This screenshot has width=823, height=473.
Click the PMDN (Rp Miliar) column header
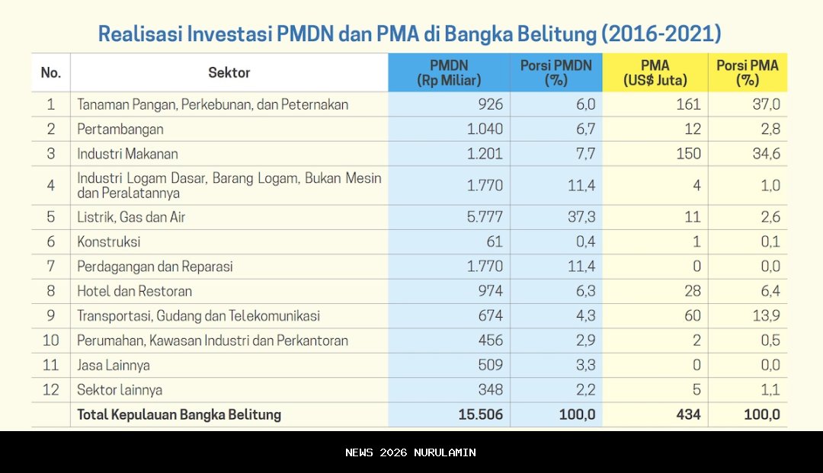pos(449,72)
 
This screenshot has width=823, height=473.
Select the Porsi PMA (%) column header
pos(747,72)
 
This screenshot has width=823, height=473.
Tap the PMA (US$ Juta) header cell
pos(655,72)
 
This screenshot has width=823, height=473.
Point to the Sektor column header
pos(229,72)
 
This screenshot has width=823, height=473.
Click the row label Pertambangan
pos(120,129)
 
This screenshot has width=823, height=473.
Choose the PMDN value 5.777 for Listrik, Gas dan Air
pos(485,217)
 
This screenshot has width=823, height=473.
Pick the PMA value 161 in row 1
pos(687,104)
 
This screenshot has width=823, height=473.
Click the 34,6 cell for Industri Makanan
pos(765,154)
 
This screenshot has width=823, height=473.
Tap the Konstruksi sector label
pos(109,242)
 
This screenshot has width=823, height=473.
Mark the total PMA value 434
pos(687,415)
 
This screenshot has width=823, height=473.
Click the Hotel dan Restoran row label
pos(134,291)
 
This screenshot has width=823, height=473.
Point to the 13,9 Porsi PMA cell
pos(765,316)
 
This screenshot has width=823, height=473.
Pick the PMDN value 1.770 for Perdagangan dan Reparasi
pos(485,267)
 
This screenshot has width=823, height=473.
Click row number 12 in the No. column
pos(50,390)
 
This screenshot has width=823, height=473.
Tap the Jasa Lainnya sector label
pos(113,366)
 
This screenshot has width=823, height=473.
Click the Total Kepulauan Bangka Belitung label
pos(179,415)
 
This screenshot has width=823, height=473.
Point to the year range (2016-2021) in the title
pos(661,34)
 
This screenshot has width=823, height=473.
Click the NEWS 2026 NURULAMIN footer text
pos(411,452)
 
